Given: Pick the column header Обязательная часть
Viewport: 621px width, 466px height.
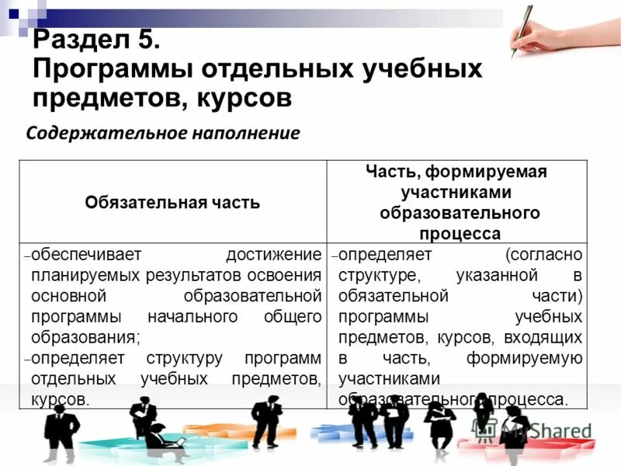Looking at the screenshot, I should [172, 203].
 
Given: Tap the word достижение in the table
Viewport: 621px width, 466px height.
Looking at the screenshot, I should [273, 255].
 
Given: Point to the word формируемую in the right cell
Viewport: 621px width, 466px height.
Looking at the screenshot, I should [524, 358].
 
